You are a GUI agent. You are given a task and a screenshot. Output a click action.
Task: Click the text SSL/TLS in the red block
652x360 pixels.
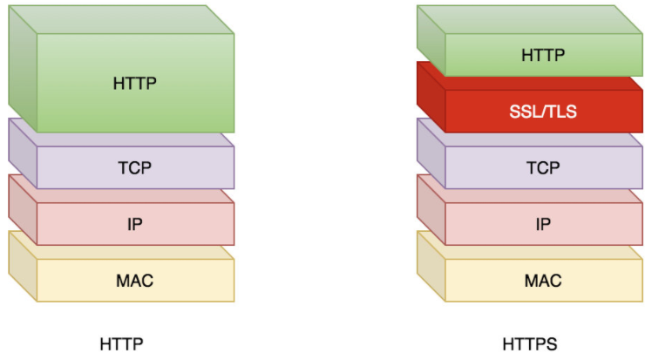click(x=543, y=112)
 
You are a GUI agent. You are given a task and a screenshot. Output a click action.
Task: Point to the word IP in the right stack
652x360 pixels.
click(x=543, y=224)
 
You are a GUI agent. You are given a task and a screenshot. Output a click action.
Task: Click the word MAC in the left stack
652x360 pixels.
click(x=135, y=281)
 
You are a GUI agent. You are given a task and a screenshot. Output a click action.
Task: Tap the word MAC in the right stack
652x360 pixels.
click(x=543, y=281)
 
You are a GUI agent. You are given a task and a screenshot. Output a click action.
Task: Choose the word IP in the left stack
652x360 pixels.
click(x=135, y=224)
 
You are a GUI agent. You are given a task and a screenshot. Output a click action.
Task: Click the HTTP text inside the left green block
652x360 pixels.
click(x=135, y=84)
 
